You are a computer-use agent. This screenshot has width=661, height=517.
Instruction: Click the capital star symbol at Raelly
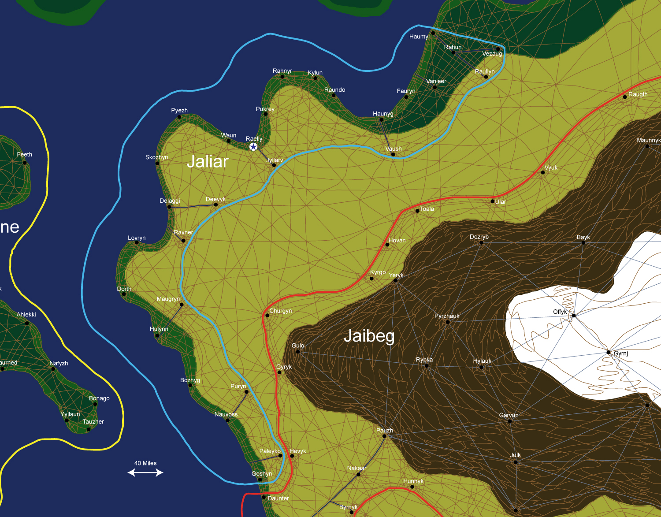(253, 147)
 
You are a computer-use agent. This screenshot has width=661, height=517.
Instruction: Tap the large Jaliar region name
(208, 162)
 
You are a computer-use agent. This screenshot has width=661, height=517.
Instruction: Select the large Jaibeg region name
(369, 336)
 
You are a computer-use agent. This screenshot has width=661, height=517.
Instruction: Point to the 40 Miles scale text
(145, 463)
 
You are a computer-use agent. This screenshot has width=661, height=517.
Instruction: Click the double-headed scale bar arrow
(145, 472)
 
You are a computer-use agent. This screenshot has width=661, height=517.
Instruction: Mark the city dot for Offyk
(573, 315)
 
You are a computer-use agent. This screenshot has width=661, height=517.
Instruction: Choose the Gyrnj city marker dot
(609, 352)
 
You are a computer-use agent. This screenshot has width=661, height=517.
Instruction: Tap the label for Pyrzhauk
(446, 316)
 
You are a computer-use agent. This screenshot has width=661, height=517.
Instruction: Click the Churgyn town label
(281, 311)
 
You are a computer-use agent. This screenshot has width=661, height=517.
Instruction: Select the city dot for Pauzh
(384, 436)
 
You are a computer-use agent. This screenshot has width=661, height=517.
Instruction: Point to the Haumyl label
(419, 37)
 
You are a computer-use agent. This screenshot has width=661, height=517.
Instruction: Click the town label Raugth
(638, 94)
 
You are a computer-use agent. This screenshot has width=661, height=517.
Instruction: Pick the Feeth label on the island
(25, 155)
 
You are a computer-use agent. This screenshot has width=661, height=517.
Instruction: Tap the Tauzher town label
(93, 422)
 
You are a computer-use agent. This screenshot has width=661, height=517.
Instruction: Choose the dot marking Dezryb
(481, 242)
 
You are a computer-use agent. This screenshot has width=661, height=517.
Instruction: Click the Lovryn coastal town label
(137, 238)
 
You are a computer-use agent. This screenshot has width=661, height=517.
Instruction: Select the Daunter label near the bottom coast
(278, 498)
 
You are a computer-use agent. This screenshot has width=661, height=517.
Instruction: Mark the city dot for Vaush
(393, 154)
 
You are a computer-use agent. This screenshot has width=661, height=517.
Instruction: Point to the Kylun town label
(315, 73)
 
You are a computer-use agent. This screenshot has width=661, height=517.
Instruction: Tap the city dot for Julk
(516, 462)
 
